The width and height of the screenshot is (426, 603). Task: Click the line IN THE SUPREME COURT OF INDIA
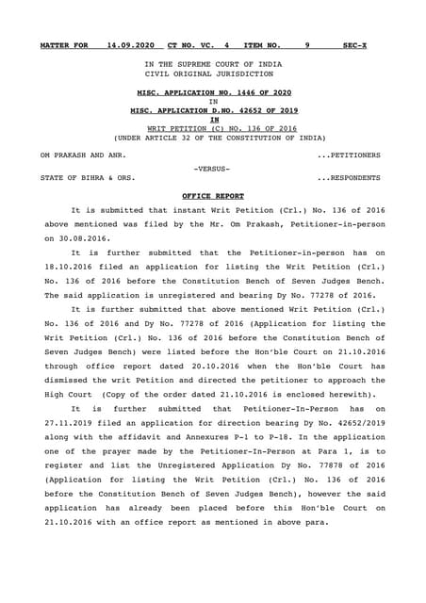coord(213,63)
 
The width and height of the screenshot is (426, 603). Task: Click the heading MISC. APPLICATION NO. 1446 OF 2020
coord(213,93)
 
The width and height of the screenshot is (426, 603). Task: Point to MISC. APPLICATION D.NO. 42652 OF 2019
coord(213,111)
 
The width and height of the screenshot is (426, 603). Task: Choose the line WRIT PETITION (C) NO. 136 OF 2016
coord(213,128)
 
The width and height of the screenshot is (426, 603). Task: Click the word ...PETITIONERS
coord(349,153)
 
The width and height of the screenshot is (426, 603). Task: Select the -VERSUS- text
coord(213,168)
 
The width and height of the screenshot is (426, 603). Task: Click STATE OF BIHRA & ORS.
coord(87,177)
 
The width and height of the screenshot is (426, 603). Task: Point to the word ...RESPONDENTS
coord(349,177)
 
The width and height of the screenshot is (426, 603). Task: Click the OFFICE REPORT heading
coord(213,195)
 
